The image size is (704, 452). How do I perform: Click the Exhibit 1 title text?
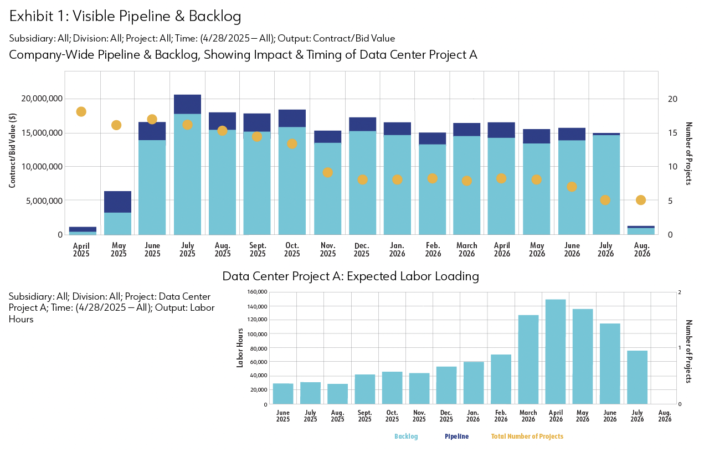pos(125,17)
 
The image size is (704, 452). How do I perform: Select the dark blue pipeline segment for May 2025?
pos(117,202)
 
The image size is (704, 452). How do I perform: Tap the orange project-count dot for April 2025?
pos(81,112)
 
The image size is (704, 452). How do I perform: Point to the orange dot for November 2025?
pos(327,172)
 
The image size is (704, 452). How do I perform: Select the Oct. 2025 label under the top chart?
pos(292,249)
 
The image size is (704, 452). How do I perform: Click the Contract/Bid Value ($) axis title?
pos(12,149)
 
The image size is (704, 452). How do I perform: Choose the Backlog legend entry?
pos(406,436)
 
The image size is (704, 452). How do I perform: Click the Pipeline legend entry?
pos(456,436)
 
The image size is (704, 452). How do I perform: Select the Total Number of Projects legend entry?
pos(527,436)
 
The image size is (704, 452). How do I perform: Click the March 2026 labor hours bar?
pos(528,359)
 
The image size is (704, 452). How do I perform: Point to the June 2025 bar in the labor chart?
pos(283,393)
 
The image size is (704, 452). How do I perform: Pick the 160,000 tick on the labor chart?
pos(257,292)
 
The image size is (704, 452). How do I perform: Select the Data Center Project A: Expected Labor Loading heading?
pos(350,276)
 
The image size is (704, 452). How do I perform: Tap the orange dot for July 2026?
pos(605,200)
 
